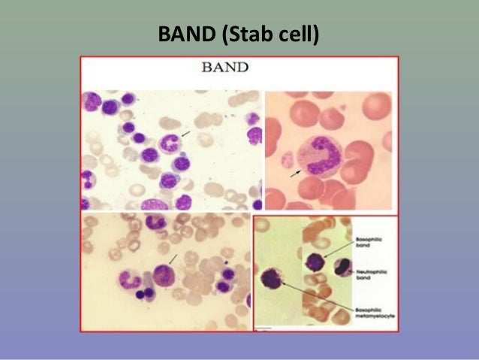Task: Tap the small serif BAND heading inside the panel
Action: (x=225, y=68)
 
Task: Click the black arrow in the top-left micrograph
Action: (x=185, y=133)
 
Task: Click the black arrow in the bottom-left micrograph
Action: (x=173, y=259)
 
